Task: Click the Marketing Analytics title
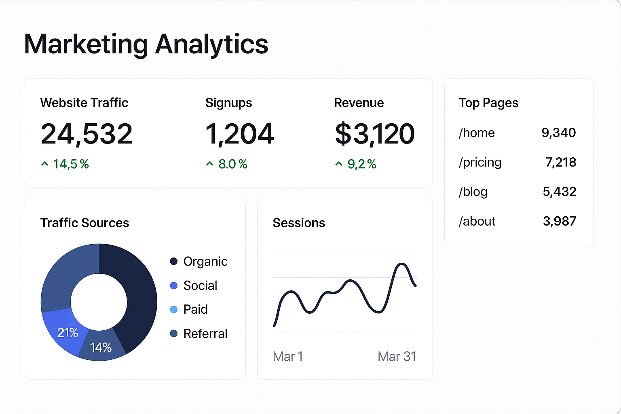click(x=146, y=44)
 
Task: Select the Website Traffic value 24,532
click(x=87, y=134)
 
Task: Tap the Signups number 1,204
click(x=240, y=134)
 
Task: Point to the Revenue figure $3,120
click(x=375, y=134)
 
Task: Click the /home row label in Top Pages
click(x=477, y=133)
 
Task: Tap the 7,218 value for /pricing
click(x=560, y=163)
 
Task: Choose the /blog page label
click(x=473, y=192)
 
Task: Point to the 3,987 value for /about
click(x=560, y=221)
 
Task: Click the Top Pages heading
click(x=488, y=103)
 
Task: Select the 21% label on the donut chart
click(x=68, y=333)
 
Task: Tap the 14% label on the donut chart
click(x=101, y=347)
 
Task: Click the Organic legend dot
click(x=174, y=261)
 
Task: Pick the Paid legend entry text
click(x=196, y=309)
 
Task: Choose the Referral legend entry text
click(x=205, y=334)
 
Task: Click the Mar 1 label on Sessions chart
click(x=288, y=357)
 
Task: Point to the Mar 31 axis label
click(x=397, y=357)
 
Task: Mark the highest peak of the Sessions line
click(x=401, y=264)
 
